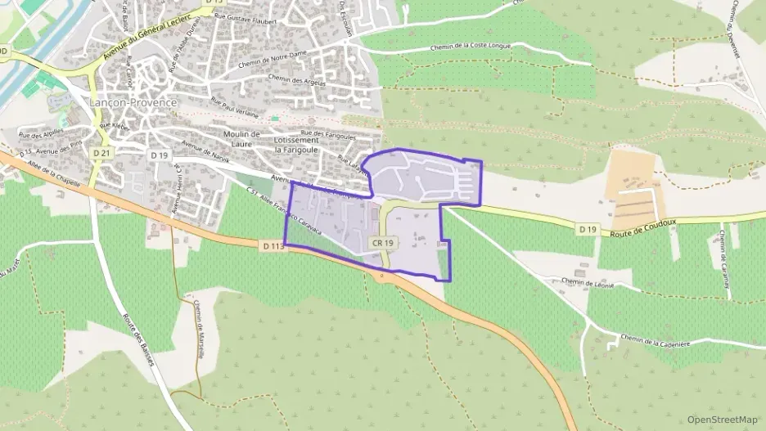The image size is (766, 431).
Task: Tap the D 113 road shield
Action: [x=273, y=245]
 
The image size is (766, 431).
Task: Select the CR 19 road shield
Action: [x=383, y=243]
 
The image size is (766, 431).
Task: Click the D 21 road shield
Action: [x=101, y=153]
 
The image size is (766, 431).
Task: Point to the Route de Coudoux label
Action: [x=646, y=232]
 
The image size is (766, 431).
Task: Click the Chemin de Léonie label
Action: [x=588, y=283]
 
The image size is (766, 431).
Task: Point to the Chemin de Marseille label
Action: [x=200, y=325]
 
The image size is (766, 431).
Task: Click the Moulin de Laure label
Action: [x=241, y=138]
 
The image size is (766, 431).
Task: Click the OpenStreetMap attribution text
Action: [x=722, y=420]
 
